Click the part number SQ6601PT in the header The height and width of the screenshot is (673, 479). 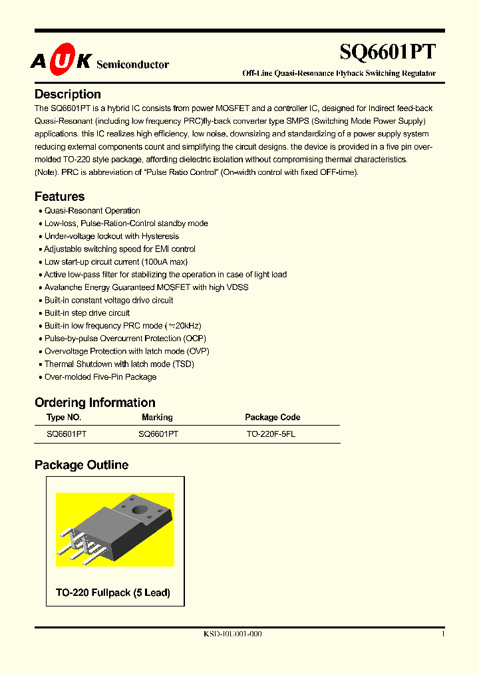388,53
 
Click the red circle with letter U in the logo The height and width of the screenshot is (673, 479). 61,62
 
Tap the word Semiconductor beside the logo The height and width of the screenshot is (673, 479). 132,65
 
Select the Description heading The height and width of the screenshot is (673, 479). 68,94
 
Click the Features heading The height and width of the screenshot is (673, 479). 59,197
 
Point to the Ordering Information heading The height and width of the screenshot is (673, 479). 94,402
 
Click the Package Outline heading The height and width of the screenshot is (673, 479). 81,466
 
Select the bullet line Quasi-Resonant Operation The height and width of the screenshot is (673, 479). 92,211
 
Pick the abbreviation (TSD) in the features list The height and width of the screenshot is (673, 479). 183,364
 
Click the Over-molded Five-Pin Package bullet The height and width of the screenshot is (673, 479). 100,377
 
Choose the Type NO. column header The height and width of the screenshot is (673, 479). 64,418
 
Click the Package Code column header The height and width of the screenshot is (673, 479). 272,418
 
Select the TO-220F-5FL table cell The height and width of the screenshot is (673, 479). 271,434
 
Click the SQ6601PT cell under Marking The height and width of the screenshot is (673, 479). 158,434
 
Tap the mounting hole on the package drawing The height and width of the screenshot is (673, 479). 141,511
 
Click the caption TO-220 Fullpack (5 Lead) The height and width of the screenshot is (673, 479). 112,593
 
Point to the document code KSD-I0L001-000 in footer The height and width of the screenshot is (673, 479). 232,634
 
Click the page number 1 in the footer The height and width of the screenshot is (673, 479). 442,634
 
